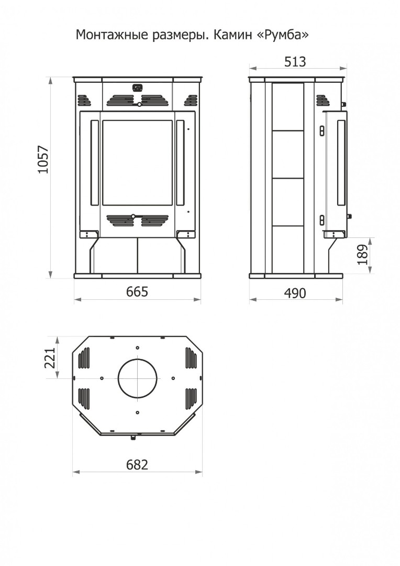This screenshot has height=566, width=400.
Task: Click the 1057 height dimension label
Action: (43, 159)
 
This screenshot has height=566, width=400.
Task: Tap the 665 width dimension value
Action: (137, 291)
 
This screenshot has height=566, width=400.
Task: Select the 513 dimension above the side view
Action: (295, 62)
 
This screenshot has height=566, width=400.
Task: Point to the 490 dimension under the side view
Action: (295, 293)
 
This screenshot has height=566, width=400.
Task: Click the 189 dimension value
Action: (362, 255)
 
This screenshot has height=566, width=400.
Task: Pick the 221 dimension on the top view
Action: (49, 358)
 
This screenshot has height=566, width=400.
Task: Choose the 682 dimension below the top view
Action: (137, 464)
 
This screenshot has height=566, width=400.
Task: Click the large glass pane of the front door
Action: (137, 163)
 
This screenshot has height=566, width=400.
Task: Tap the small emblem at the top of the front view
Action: (137, 87)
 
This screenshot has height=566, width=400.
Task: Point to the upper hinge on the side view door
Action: (322, 130)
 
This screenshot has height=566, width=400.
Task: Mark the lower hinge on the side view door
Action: (322, 220)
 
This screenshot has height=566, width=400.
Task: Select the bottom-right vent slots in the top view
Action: (191, 398)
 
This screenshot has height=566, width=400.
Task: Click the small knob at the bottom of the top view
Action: (133, 438)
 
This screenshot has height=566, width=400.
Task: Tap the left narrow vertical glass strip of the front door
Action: (94, 163)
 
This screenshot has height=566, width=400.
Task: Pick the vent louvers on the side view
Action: (321, 101)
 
